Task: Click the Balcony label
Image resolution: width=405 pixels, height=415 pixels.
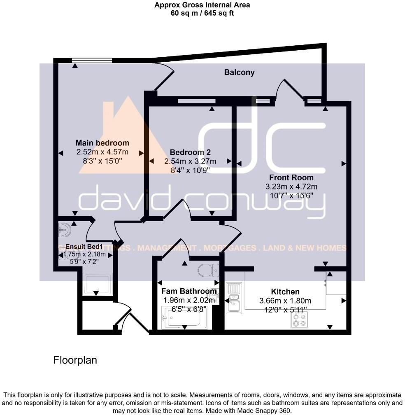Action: click(x=239, y=72)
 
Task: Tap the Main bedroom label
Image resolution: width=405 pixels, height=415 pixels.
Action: click(x=102, y=143)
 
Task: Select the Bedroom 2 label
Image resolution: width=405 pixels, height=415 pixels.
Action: click(x=190, y=152)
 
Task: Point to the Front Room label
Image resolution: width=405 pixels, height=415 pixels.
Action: click(x=291, y=177)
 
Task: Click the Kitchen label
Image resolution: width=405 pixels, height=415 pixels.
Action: click(x=285, y=291)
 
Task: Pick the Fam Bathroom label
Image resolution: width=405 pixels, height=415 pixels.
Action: click(x=189, y=291)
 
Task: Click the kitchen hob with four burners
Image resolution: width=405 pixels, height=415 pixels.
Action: click(x=299, y=319)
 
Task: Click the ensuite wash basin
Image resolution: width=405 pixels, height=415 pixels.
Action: click(x=65, y=228)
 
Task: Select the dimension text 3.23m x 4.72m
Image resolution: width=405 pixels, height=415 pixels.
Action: click(x=291, y=187)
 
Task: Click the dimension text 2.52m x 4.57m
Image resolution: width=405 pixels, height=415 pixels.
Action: click(x=102, y=152)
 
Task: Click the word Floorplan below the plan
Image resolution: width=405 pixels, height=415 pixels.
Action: click(x=75, y=360)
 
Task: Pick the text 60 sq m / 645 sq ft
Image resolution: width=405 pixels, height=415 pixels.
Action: click(x=202, y=13)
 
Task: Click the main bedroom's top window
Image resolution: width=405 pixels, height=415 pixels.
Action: click(x=92, y=61)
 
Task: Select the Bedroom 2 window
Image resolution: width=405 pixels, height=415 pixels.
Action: click(x=196, y=100)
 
